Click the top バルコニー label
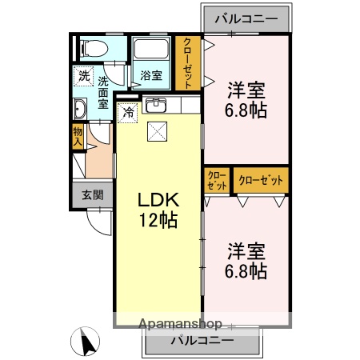pos(246,18)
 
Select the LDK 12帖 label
pos(157,210)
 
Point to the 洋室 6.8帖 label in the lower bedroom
pos(246,260)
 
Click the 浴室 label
pos(152,76)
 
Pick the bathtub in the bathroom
pos(152,50)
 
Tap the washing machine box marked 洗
pos(84,77)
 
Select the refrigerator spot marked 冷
pos(128,113)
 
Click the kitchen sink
pos(156,105)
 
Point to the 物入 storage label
pos(78,137)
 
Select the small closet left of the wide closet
pos(218,180)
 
